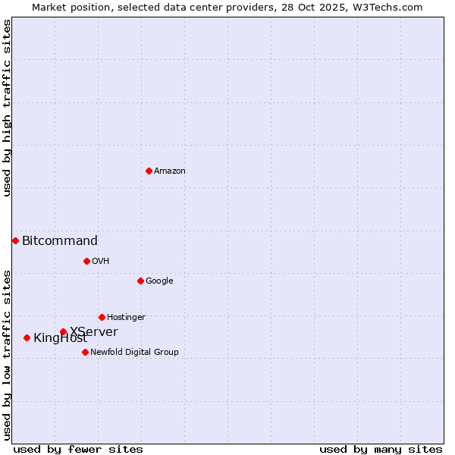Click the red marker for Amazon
(149, 171)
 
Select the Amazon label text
(170, 171)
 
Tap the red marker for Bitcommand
(15, 240)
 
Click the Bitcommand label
(60, 241)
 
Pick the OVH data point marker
(86, 261)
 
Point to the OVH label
(101, 262)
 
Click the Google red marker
(140, 281)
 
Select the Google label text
(159, 281)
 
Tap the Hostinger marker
(102, 317)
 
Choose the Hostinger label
(126, 318)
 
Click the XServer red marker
(63, 331)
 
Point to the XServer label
(94, 331)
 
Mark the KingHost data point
(27, 337)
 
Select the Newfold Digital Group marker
(85, 352)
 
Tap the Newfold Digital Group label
(134, 353)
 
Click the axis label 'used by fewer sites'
(78, 449)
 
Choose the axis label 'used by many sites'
(381, 449)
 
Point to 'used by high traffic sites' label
(8, 108)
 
